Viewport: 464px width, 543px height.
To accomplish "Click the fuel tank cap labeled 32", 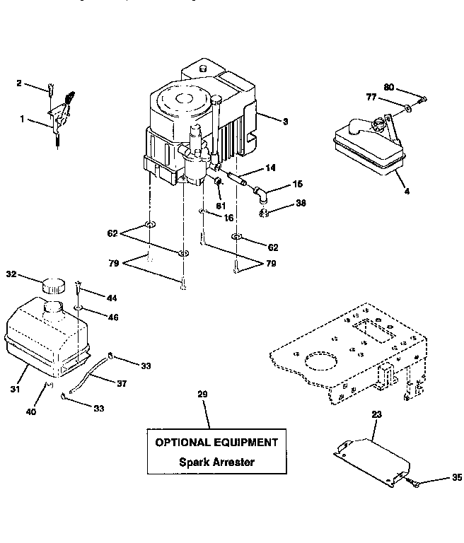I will tap(51, 285).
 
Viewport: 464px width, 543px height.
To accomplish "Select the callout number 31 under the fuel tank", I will tap(15, 388).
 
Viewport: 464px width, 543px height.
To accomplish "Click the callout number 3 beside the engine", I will tap(285, 122).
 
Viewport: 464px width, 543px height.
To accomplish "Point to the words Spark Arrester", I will tap(216, 462).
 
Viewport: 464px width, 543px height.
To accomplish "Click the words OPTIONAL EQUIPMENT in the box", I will tap(216, 443).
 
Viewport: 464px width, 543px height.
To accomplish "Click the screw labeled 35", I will tap(416, 484).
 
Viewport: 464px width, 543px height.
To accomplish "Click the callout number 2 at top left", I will tap(19, 83).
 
